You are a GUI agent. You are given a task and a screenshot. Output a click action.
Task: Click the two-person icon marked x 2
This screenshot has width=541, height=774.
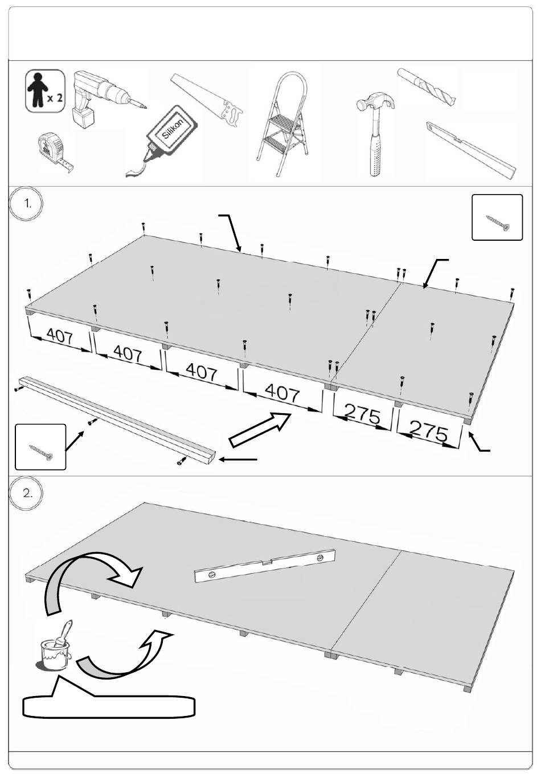pyautogui.click(x=44, y=90)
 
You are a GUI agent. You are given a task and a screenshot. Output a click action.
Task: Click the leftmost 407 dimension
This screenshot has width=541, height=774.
pyautogui.click(x=60, y=336)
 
